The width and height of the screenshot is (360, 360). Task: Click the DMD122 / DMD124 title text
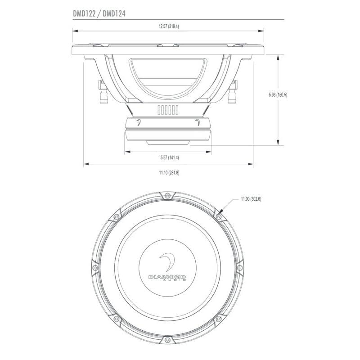click(x=99, y=13)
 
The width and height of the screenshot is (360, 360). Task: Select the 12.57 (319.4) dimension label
click(x=169, y=27)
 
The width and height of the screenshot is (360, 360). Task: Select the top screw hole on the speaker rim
click(x=167, y=195)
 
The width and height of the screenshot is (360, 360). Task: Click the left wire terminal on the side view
click(x=101, y=92)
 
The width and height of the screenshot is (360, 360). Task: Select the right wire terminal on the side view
click(x=233, y=92)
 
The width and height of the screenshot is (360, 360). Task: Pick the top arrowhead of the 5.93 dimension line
click(x=279, y=54)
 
